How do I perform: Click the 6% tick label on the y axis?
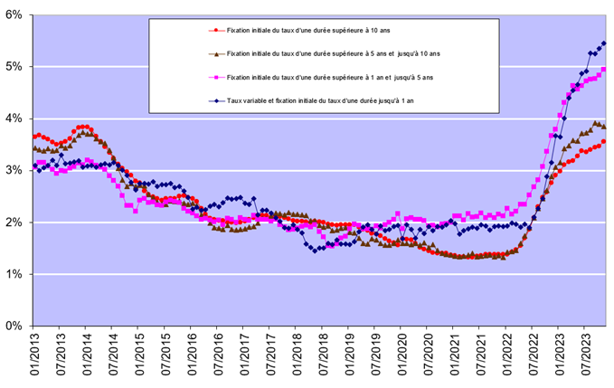(15, 14)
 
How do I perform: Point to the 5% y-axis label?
(15, 67)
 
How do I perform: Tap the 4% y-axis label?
(15, 118)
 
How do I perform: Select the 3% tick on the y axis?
(15, 170)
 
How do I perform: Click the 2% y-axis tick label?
(15, 222)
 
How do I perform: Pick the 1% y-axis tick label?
(15, 274)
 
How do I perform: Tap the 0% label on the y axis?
(15, 326)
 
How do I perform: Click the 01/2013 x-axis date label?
(33, 355)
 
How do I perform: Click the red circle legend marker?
(213, 30)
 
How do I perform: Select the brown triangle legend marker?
(213, 54)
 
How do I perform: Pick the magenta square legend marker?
(213, 79)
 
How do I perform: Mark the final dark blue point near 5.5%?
(604, 43)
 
